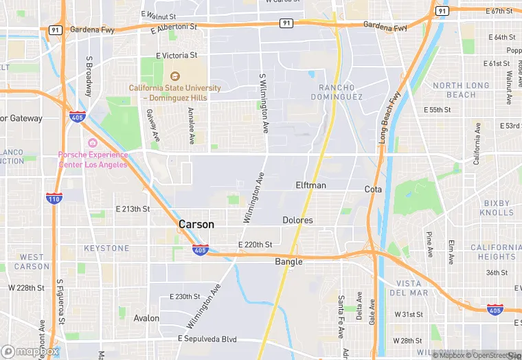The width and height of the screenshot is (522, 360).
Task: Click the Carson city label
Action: (196, 225)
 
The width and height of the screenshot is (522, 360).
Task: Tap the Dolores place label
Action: (297, 221)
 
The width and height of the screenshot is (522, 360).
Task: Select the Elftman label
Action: (310, 185)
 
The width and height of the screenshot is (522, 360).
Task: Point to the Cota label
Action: (373, 189)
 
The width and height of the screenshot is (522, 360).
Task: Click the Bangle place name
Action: (288, 262)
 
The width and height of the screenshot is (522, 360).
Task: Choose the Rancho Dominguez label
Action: (341, 92)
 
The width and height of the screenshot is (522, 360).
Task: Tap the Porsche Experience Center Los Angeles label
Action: (93, 160)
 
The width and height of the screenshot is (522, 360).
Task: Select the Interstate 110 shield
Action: (54, 199)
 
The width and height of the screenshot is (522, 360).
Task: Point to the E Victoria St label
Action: (177, 56)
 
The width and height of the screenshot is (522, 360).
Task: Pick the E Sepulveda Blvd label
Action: (207, 339)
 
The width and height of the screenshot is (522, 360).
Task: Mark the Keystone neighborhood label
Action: (106, 248)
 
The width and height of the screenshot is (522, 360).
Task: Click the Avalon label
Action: (146, 318)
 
